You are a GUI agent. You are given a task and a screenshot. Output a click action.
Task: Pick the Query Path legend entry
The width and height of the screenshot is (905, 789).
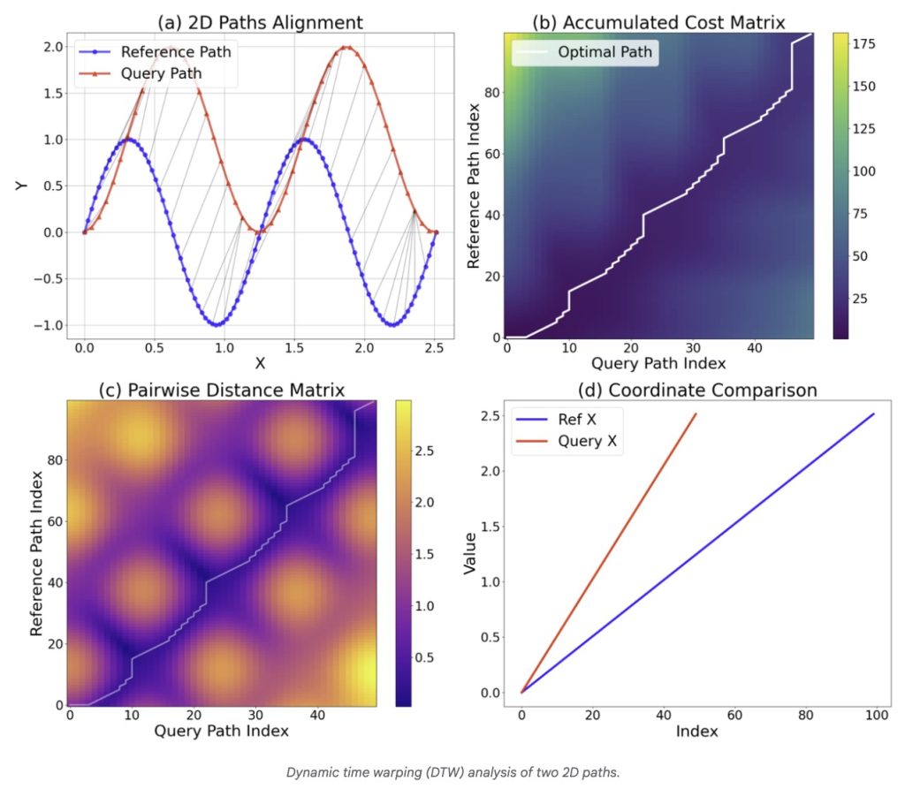tap(160, 74)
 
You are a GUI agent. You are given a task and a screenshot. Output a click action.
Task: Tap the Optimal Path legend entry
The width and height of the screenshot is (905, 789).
tap(605, 52)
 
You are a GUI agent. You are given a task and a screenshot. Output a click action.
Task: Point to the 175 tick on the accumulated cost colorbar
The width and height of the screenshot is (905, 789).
tap(870, 45)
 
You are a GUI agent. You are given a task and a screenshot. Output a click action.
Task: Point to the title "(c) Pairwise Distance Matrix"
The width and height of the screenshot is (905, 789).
tap(222, 389)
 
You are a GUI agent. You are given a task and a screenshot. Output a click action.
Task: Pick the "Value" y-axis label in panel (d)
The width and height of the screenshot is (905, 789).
tap(471, 551)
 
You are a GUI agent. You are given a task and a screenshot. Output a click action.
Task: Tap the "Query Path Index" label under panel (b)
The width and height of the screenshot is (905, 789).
tap(658, 362)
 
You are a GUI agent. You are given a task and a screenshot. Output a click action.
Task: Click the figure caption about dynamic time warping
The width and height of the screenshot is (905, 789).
tap(452, 772)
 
